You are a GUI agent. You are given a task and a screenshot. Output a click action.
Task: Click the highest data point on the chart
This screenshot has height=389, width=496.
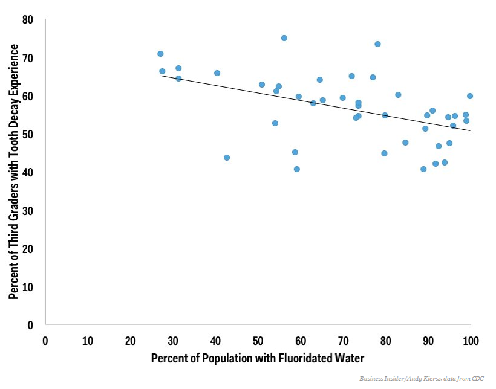[x=284, y=38]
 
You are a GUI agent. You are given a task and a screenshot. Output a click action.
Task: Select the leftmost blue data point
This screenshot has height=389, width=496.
[x=160, y=54]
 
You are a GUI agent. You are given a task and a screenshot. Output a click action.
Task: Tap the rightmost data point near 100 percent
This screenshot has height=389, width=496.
[x=470, y=96]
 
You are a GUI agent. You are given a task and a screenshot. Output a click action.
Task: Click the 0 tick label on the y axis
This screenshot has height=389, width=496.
[x=30, y=325]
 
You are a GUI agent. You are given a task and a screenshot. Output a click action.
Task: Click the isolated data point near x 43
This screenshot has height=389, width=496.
[x=227, y=158]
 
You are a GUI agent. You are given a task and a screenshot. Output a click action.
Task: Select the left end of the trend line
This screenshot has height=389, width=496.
[x=161, y=76]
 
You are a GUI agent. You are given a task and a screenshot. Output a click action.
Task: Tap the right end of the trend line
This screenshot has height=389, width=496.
[x=470, y=130]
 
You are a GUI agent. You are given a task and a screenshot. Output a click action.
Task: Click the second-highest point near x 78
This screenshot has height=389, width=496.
[x=377, y=44]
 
